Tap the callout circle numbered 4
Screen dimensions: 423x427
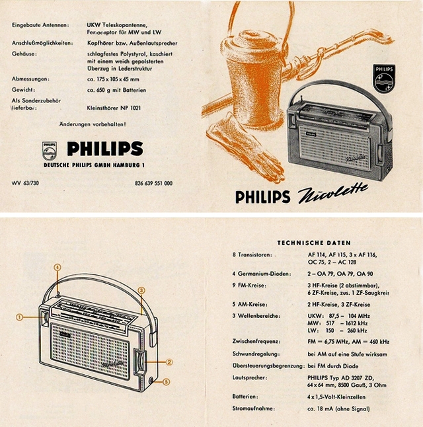pyautogui.click(x=58, y=268)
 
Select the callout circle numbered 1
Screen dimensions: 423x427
pyautogui.click(x=20, y=317)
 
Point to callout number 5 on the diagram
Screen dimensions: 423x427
pyautogui.click(x=167, y=381)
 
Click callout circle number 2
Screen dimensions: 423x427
pyautogui.click(x=169, y=362)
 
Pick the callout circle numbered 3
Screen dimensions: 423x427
pyautogui.click(x=141, y=290)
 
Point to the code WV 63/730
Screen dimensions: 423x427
pyautogui.click(x=26, y=182)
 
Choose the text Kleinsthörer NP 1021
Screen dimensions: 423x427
pyautogui.click(x=114, y=108)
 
